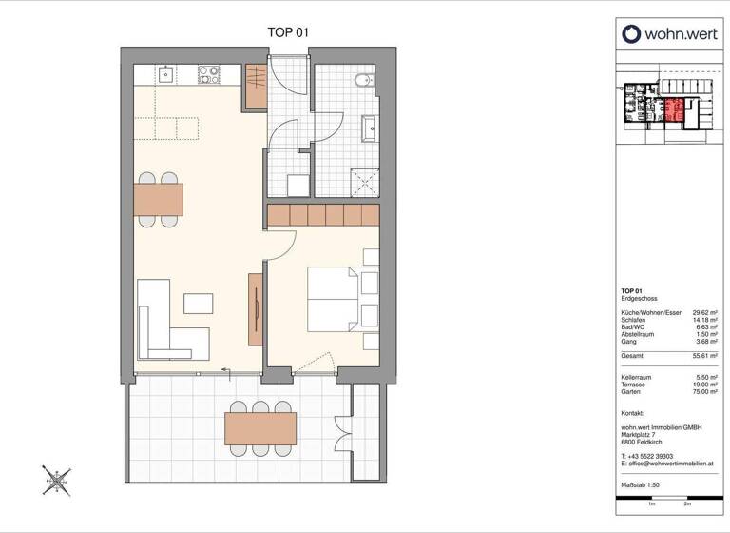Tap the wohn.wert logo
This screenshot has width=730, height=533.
pos(669,34)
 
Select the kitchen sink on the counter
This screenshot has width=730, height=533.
pos(164,72)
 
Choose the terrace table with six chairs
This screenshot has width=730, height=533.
pos(259,428)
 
